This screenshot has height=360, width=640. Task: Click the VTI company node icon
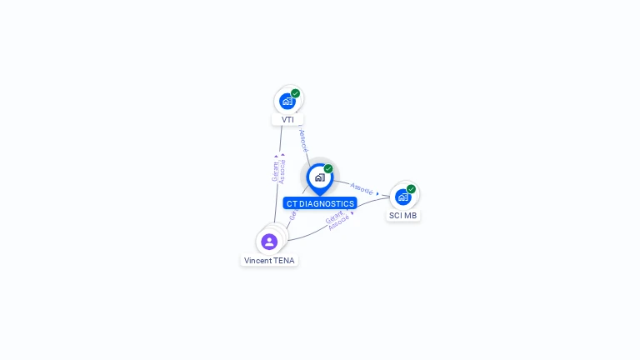[287, 102]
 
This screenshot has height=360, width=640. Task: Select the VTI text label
[287, 119]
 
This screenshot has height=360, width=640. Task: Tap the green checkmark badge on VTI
[296, 93]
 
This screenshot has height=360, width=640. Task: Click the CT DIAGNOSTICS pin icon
[319, 177]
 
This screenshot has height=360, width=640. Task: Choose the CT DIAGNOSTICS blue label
[320, 203]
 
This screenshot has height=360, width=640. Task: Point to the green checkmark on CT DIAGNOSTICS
[328, 168]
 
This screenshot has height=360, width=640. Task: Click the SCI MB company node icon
[403, 197]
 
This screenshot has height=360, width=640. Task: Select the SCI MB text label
[403, 215]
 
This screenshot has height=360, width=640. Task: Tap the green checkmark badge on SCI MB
[411, 189]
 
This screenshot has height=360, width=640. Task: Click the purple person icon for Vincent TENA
[269, 242]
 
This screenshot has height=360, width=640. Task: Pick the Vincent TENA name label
[269, 260]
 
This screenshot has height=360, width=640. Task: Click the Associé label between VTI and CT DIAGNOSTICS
[303, 139]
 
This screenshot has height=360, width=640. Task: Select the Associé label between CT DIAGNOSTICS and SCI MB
[362, 188]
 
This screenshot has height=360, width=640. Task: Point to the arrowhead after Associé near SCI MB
[378, 193]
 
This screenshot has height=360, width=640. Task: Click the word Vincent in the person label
[258, 260]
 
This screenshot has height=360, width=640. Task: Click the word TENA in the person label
[283, 260]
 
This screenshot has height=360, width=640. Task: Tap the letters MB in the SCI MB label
[410, 215]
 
